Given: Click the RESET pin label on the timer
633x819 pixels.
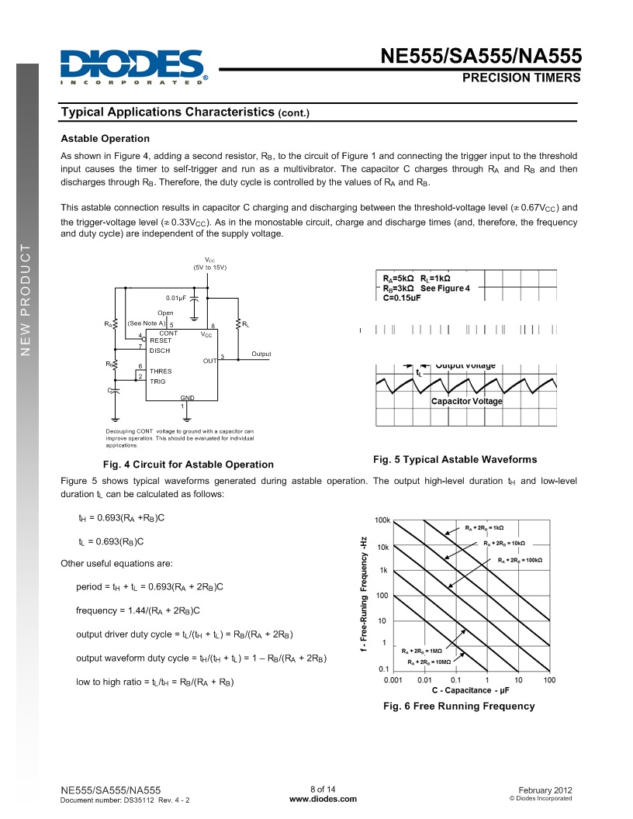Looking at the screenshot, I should point(161,340).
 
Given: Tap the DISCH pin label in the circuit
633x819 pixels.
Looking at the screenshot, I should point(160,351).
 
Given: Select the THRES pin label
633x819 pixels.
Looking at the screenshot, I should point(161,371).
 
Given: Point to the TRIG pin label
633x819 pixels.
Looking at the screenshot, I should point(157,382).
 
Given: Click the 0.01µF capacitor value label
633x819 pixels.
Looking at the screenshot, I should point(176,298).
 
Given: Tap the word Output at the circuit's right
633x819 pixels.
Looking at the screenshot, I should point(261,354).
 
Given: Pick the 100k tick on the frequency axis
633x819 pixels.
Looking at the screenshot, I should point(382,520).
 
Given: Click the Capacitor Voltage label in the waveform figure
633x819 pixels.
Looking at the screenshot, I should point(467,401).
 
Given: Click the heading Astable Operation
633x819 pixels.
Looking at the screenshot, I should point(105,139).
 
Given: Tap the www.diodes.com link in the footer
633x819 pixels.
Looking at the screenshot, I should point(323,799).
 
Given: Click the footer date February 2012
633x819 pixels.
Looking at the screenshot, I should point(545,790).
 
